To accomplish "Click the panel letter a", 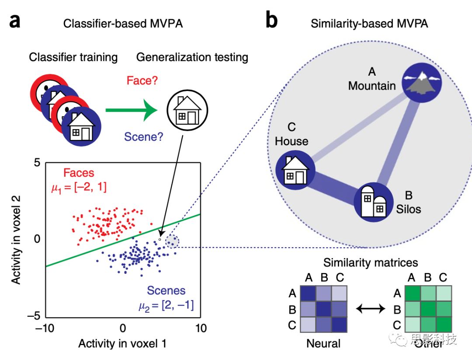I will [15, 21].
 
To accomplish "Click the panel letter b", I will [271, 21].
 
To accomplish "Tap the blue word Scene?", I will [144, 137].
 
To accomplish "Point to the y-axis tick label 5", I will [37, 163].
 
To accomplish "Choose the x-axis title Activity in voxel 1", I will [122, 344].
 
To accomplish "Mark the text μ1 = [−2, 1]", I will [77, 187].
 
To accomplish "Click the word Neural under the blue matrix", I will [323, 343].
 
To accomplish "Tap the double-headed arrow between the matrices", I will [370, 309].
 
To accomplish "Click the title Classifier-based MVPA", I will [123, 24].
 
